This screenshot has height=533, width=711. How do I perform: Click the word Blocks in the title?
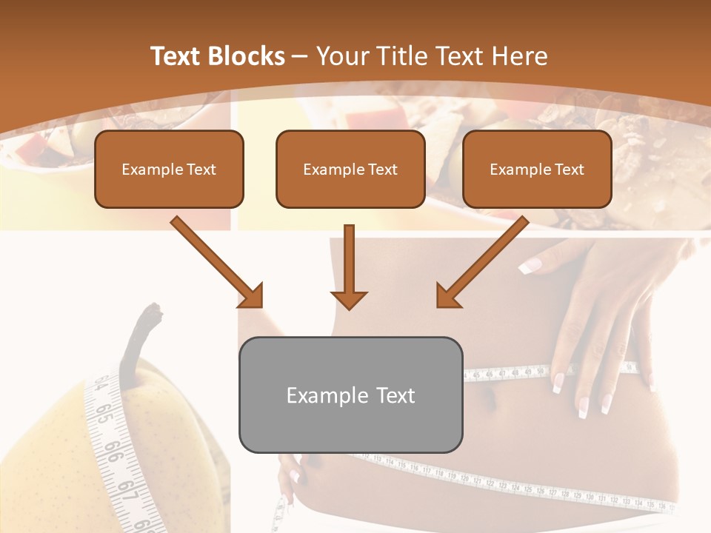coord(247,56)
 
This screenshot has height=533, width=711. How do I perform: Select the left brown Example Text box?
coord(169,169)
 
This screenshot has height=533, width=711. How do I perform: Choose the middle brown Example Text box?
coord(350,169)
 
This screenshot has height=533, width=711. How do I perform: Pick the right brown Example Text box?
coord(537,169)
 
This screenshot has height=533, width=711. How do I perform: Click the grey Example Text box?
coord(350,395)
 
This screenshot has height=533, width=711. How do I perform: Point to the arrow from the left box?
coord(218,262)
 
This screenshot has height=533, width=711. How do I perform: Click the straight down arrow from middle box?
coord(350,266)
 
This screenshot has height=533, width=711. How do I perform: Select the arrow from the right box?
coord(481,262)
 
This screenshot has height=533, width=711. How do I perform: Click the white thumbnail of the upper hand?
coord(527,267)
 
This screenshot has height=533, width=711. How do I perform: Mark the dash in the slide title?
coord(300,56)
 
